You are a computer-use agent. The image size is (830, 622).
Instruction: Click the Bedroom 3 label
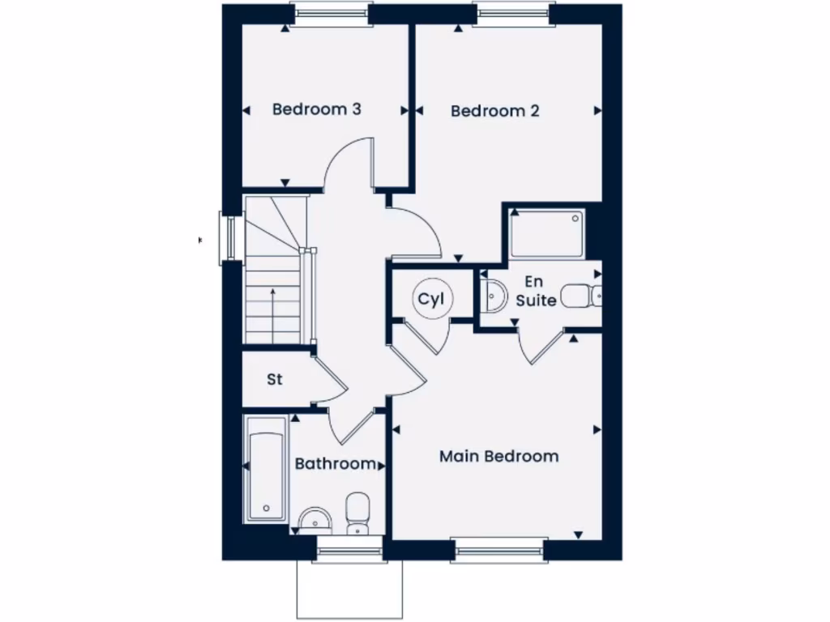pyautogui.click(x=316, y=109)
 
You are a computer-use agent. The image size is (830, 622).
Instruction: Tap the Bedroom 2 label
pyautogui.click(x=494, y=111)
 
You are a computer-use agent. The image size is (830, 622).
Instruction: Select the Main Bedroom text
pyautogui.click(x=498, y=457)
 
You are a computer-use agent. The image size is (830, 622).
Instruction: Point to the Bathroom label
pyautogui.click(x=335, y=464)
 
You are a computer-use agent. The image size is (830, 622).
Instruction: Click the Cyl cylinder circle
pyautogui.click(x=430, y=300)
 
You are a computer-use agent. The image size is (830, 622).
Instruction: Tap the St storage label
pyautogui.click(x=275, y=379)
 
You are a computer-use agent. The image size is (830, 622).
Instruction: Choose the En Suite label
pyautogui.click(x=535, y=292)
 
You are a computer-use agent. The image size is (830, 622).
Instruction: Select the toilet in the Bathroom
pyautogui.click(x=357, y=513)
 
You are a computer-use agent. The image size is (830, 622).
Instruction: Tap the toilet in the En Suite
pyautogui.click(x=581, y=296)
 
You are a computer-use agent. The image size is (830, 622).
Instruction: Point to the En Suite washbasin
pyautogui.click(x=493, y=296)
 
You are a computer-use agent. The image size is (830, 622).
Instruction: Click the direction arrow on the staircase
pyautogui.click(x=273, y=304)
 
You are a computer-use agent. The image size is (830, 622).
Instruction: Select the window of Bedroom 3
pyautogui.click(x=331, y=13)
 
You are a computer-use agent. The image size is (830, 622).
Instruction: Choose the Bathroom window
pyautogui.click(x=349, y=551)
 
